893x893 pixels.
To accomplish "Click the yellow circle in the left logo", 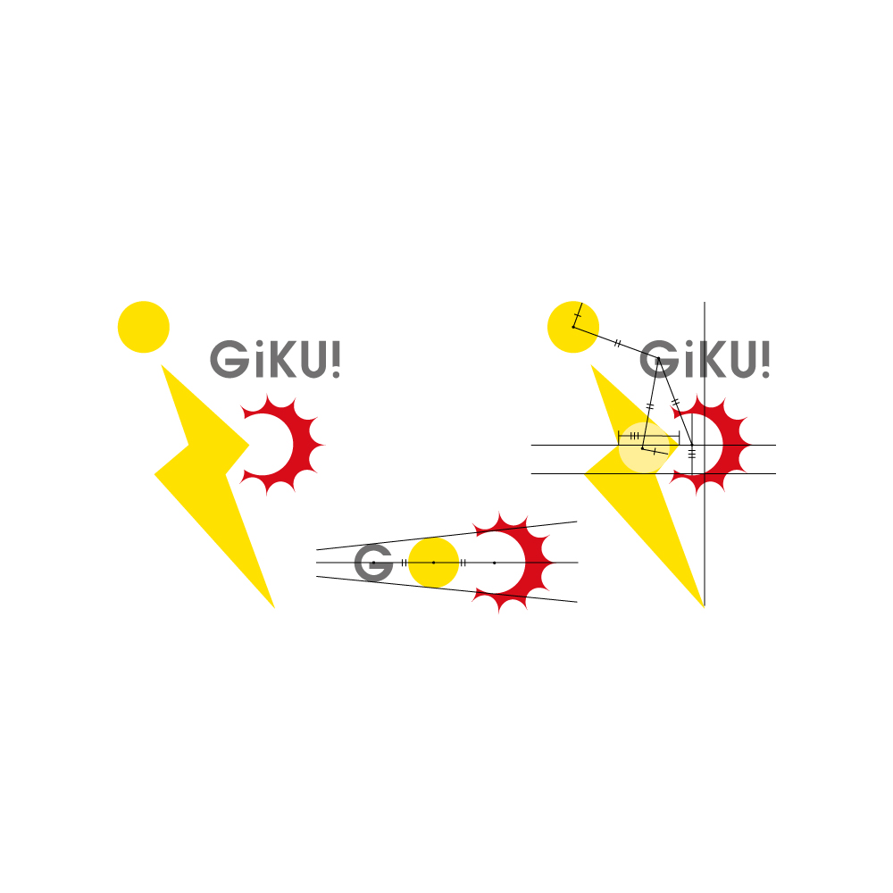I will [144, 327].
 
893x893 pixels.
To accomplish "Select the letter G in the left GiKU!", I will [228, 359].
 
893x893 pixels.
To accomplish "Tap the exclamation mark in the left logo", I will [335, 358].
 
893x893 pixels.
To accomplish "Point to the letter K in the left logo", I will [277, 359].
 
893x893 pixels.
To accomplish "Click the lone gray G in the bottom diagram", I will [373, 563].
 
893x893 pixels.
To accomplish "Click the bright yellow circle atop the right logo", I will [572, 327].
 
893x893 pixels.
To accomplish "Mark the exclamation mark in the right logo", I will [764, 358].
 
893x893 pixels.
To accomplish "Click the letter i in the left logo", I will [253, 359].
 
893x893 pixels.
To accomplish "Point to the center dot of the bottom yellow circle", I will [434, 563].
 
